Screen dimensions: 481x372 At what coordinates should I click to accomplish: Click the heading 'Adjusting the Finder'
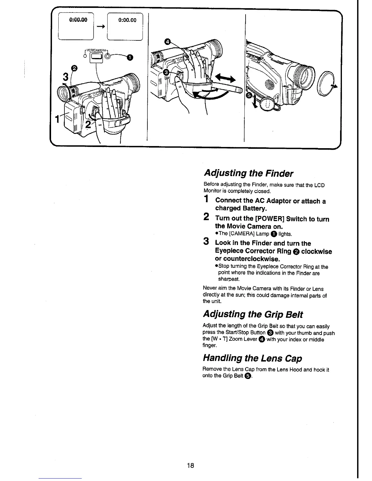pos(248,173)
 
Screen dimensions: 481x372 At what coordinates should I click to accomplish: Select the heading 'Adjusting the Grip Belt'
pos(253,314)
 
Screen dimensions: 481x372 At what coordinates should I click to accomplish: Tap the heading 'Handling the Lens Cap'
pos(252,359)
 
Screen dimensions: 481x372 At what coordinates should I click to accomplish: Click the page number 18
pos(191,466)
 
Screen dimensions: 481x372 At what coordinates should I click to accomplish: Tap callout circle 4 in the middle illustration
pos(167,42)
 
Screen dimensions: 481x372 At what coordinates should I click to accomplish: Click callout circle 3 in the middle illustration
pos(166,72)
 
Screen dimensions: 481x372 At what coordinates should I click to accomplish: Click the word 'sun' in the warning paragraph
pos(230,295)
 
